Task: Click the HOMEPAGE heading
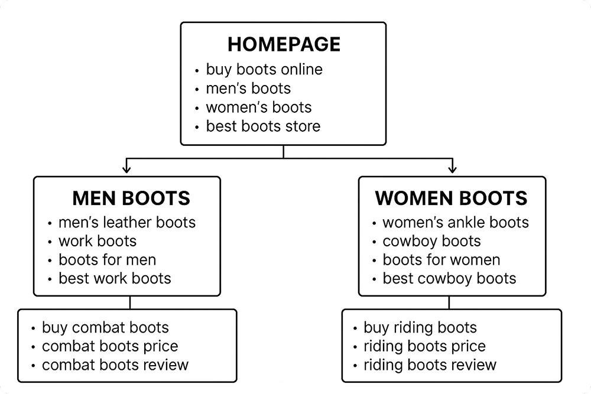click(284, 44)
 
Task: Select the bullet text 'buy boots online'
click(264, 70)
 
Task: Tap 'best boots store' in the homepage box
click(263, 126)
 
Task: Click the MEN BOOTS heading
click(131, 198)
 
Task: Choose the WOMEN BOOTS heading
click(452, 198)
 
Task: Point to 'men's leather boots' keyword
click(126, 223)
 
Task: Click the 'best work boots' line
click(115, 278)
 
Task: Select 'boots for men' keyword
click(107, 259)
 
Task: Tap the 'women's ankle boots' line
click(455, 223)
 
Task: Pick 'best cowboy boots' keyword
click(449, 278)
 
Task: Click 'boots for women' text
click(441, 259)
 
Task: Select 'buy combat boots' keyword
click(105, 328)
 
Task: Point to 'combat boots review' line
click(115, 365)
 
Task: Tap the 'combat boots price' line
click(110, 346)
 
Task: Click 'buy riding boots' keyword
click(420, 328)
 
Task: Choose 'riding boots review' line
click(430, 365)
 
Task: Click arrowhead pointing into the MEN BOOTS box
click(127, 170)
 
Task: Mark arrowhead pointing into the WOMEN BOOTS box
click(453, 170)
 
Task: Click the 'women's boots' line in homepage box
click(258, 107)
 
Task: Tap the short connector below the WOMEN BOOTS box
click(449, 302)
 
